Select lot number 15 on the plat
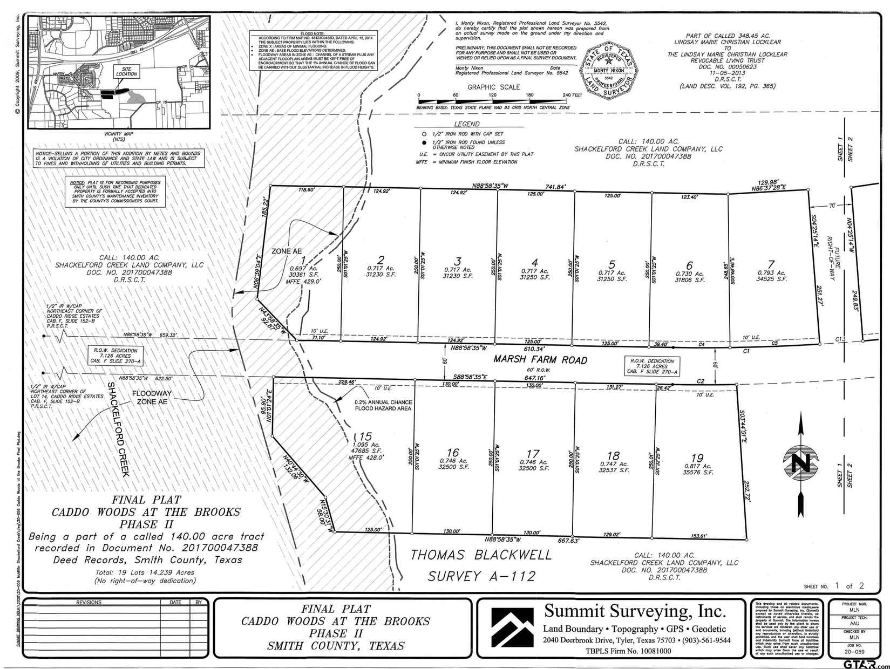[366, 436]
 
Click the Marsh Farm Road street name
[540, 360]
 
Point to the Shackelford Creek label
[119, 429]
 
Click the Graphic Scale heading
[493, 87]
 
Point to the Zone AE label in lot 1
[286, 251]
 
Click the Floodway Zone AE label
[152, 397]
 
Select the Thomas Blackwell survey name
[481, 555]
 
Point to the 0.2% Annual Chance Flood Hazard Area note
[383, 405]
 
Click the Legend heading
[467, 124]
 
